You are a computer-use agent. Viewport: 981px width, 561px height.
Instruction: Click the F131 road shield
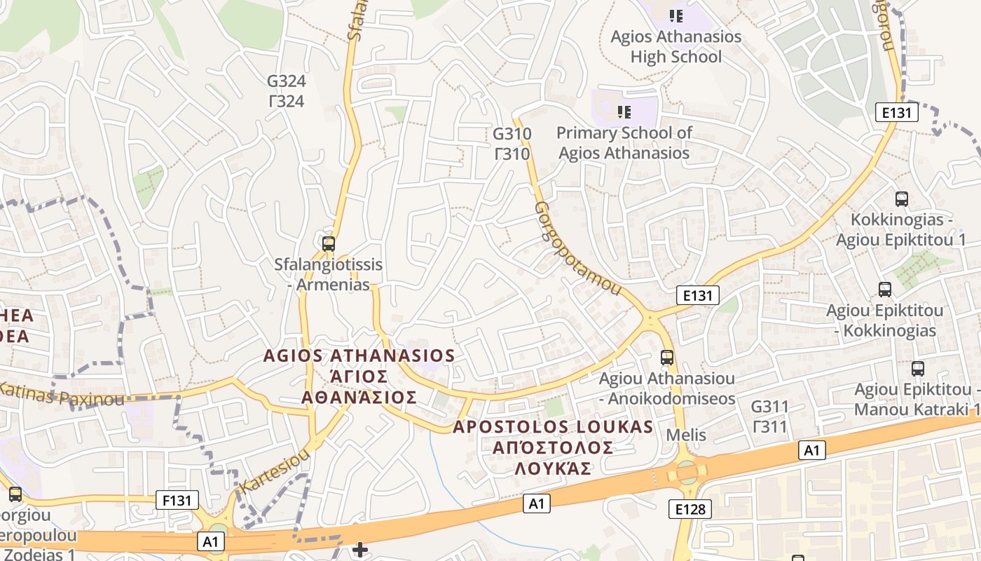[177, 500]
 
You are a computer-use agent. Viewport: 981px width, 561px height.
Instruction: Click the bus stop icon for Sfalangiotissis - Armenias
[328, 244]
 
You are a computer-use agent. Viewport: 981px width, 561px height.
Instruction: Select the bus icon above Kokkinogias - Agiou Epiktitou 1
[901, 198]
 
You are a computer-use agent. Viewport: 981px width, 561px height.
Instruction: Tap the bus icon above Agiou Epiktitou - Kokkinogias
[884, 289]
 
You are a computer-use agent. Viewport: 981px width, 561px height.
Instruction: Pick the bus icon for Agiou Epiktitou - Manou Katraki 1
[917, 368]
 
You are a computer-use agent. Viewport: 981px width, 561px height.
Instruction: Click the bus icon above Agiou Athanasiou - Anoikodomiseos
[666, 358]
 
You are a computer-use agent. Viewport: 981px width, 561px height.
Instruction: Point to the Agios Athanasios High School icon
[675, 15]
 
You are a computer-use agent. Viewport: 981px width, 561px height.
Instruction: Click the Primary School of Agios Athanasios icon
[624, 111]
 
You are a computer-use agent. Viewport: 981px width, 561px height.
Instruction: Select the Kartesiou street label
[274, 471]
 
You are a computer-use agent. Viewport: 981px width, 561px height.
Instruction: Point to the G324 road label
[286, 90]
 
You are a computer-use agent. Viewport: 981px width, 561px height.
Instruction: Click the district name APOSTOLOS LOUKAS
[553, 426]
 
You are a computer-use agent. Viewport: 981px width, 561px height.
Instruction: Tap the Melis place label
[686, 435]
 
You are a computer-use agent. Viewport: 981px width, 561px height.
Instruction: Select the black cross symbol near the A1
[360, 549]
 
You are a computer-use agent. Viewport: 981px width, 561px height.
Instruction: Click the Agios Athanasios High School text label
[675, 46]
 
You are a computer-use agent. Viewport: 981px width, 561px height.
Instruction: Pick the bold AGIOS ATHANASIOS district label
[359, 356]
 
